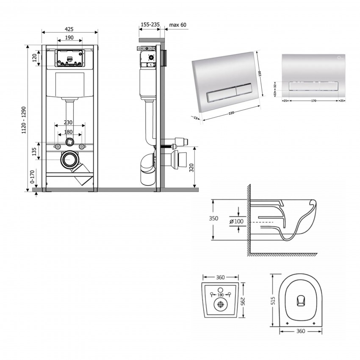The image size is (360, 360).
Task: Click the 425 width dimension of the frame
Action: pyautogui.click(x=69, y=29)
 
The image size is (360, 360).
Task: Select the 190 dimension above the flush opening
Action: pyautogui.click(x=70, y=38)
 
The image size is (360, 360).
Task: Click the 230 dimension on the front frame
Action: pyautogui.click(x=68, y=122)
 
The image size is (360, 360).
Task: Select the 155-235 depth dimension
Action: pyautogui.click(x=150, y=25)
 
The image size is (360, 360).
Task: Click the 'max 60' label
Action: pyautogui.click(x=178, y=25)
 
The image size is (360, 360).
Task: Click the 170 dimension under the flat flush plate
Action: pyautogui.click(x=313, y=101)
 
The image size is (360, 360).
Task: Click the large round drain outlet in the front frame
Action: pyautogui.click(x=69, y=159)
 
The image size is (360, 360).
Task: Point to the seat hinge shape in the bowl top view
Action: pyautogui.click(x=300, y=300)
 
